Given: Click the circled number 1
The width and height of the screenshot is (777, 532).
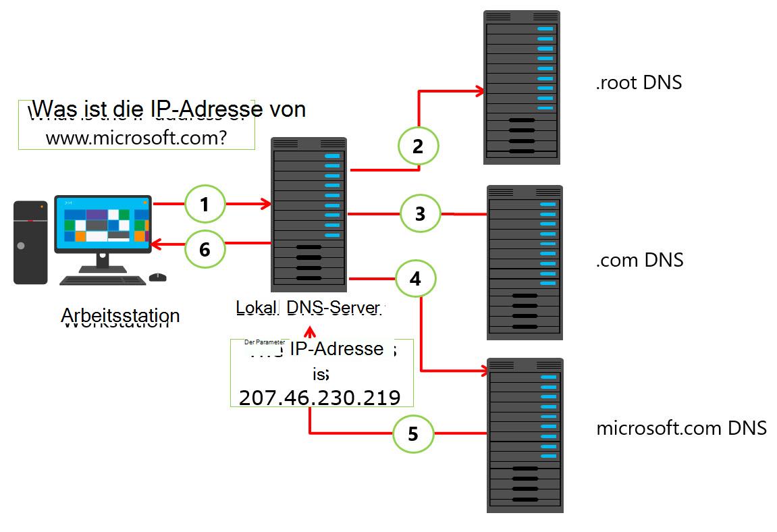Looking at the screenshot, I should [204, 203].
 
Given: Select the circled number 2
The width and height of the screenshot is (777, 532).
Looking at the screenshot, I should [418, 146].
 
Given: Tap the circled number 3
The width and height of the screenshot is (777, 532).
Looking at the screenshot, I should [420, 214].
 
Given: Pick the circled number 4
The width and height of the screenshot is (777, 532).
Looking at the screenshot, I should [416, 278].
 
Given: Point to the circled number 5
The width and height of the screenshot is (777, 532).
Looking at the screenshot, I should [413, 433].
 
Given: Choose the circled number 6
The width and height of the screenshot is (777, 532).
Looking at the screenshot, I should [205, 250].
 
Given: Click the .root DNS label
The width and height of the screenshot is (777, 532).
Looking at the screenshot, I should [639, 82].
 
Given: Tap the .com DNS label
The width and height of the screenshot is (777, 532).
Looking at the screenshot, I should [639, 260].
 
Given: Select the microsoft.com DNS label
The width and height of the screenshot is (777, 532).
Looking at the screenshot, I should [681, 428].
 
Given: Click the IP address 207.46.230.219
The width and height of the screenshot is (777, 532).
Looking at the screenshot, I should [320, 397].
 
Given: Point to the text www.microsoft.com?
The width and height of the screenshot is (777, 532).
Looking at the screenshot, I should [136, 138].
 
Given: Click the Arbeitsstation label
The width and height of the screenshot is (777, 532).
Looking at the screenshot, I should [120, 315].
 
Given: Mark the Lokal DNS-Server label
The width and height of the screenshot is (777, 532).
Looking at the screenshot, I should [308, 307].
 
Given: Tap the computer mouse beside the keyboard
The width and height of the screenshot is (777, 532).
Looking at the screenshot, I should [157, 277].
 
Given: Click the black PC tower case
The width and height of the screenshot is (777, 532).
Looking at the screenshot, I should [30, 242].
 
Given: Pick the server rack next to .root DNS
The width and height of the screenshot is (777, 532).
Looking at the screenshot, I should [521, 87].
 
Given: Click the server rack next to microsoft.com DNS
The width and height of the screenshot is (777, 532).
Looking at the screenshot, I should [525, 435].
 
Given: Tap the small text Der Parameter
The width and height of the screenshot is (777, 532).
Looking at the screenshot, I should [265, 342].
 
